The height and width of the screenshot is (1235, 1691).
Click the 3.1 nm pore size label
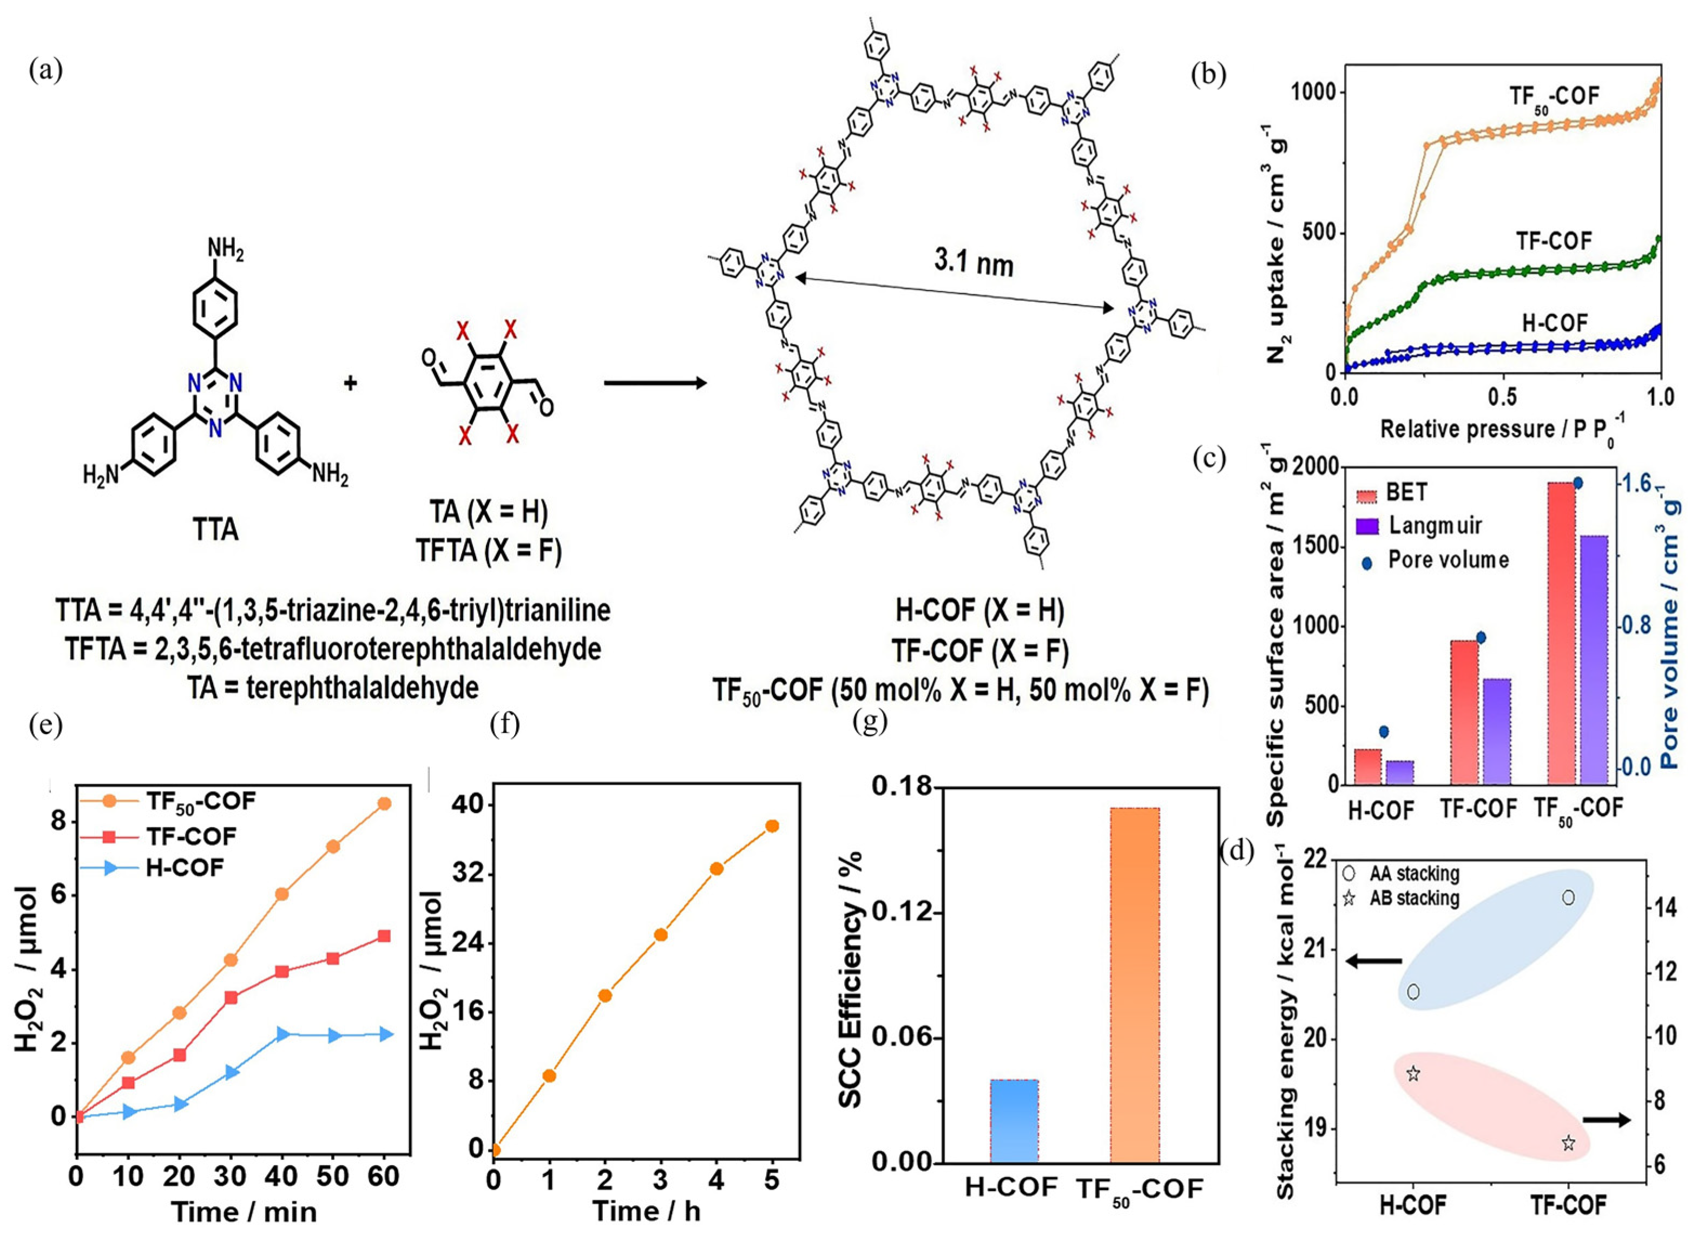click(973, 263)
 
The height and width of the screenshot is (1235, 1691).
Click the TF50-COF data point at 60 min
click(384, 804)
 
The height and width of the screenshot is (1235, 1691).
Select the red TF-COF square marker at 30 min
click(231, 998)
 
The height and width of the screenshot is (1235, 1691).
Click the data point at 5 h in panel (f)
click(772, 826)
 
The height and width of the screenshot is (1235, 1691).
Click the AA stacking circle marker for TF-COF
click(1568, 897)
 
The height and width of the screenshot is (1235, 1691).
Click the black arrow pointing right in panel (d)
click(1605, 1119)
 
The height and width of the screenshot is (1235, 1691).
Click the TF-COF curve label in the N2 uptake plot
click(1554, 241)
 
